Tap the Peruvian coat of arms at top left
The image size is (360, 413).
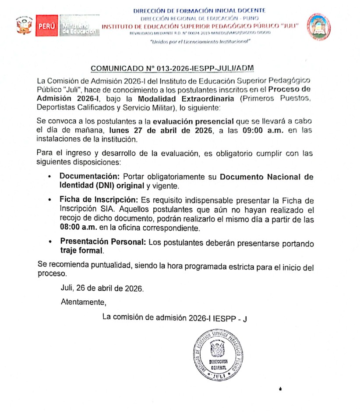pos(22,26)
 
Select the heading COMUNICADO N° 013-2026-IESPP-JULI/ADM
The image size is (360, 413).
pos(172,69)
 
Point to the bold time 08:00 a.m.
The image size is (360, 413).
pos(78,228)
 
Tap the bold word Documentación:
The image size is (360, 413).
pos(90,177)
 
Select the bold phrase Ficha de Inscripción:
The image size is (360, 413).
pos(99,200)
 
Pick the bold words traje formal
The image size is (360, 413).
pos(82,251)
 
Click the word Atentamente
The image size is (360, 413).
pos(83,302)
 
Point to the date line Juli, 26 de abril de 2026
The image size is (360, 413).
pos(102,289)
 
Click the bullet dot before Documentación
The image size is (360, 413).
pos(49,177)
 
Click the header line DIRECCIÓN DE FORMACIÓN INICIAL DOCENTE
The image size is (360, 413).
pos(199,11)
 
